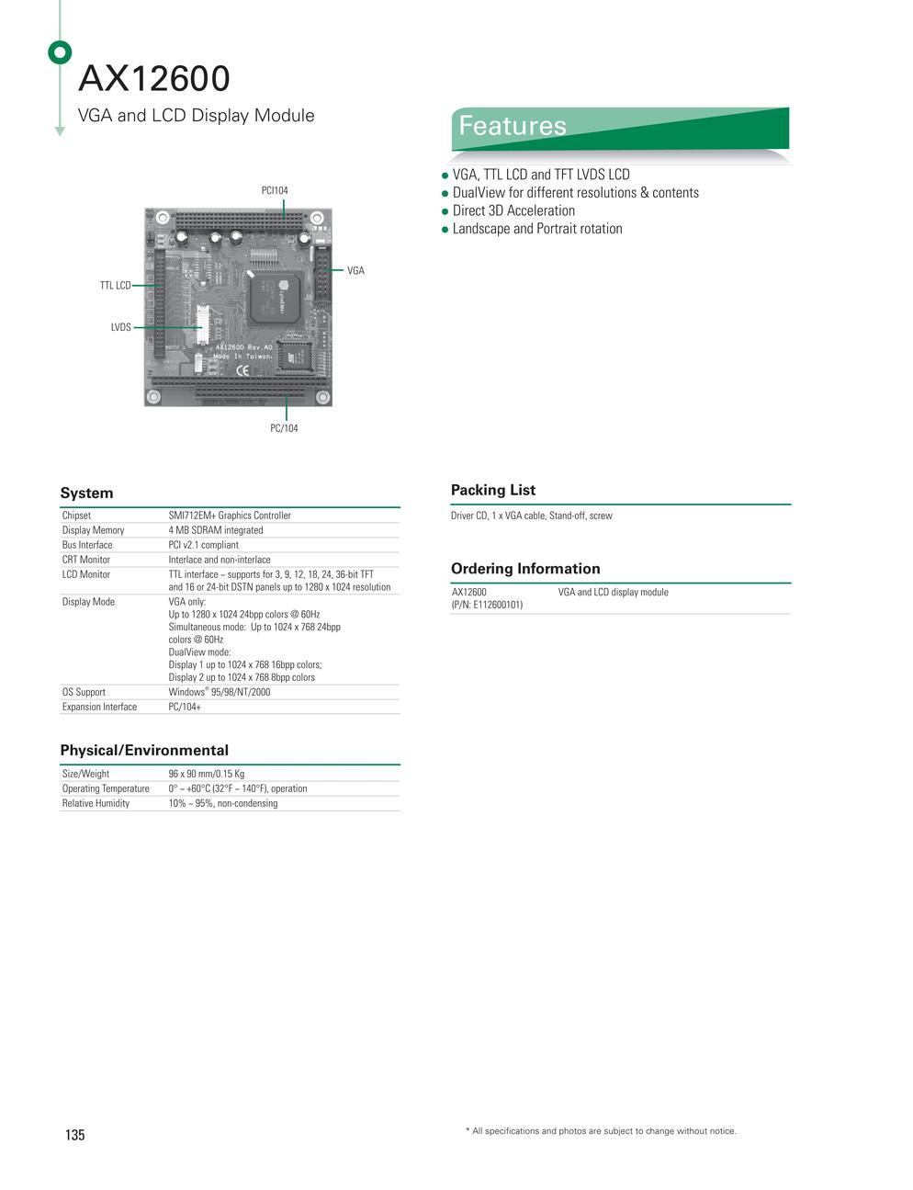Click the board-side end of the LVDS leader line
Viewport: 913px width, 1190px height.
tap(201, 327)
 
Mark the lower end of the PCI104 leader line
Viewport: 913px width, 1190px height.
tap(284, 219)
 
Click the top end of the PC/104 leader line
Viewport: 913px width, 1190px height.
tap(286, 395)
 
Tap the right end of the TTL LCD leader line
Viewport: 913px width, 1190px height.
tap(163, 285)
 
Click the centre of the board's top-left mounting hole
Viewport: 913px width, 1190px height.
tap(162, 218)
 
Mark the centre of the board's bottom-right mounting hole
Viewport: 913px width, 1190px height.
tap(322, 396)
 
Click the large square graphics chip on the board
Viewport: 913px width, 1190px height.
tap(276, 298)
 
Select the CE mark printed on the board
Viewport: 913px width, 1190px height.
tap(242, 370)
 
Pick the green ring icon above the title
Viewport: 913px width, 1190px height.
tap(60, 52)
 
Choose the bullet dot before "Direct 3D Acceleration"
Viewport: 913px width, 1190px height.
tap(445, 212)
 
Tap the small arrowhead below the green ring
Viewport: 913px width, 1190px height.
tap(60, 131)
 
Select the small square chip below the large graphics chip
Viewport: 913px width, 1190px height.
tap(294, 357)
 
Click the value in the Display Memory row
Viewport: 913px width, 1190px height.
tap(216, 530)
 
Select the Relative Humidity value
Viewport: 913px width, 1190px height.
tap(223, 803)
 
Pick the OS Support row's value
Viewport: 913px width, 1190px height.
tap(219, 692)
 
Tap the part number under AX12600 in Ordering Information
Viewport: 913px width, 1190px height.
tap(487, 605)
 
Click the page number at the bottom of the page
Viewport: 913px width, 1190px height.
tap(75, 1135)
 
